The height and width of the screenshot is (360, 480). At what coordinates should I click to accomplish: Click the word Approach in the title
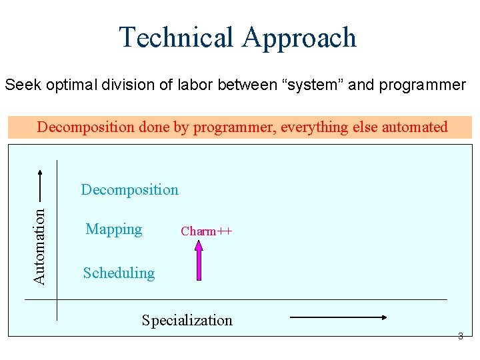tap(299, 39)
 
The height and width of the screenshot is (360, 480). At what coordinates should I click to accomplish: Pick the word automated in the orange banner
tap(414, 127)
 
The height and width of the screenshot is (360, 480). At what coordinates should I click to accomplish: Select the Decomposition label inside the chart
tap(129, 189)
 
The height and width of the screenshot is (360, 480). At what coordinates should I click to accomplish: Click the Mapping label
tap(113, 229)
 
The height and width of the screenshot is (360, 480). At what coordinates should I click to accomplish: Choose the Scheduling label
tap(119, 273)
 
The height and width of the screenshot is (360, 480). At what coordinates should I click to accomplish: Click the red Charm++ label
tap(206, 231)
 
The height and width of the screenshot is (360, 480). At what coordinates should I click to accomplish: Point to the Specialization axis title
tap(187, 320)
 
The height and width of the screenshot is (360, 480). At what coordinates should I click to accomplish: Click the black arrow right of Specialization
tap(339, 319)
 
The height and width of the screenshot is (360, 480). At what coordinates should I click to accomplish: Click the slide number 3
tap(460, 337)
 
